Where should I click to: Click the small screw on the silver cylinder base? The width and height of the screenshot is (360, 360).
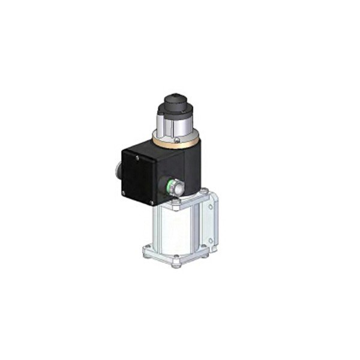pos(176,139)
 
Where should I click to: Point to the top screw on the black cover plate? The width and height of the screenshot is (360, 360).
pos(137,158)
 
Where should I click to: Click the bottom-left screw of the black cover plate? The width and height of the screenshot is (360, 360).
pos(123,193)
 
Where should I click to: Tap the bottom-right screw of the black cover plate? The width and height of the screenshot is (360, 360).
pos(151,203)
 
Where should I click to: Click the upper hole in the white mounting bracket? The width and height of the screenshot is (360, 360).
pos(211,206)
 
